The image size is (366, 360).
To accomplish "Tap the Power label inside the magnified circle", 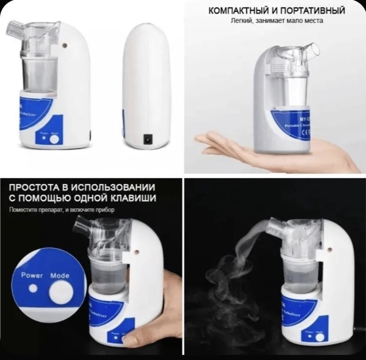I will (x=31, y=276).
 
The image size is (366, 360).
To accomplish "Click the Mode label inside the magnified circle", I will (x=60, y=276).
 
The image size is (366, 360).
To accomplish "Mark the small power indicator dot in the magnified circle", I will (x=33, y=289).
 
